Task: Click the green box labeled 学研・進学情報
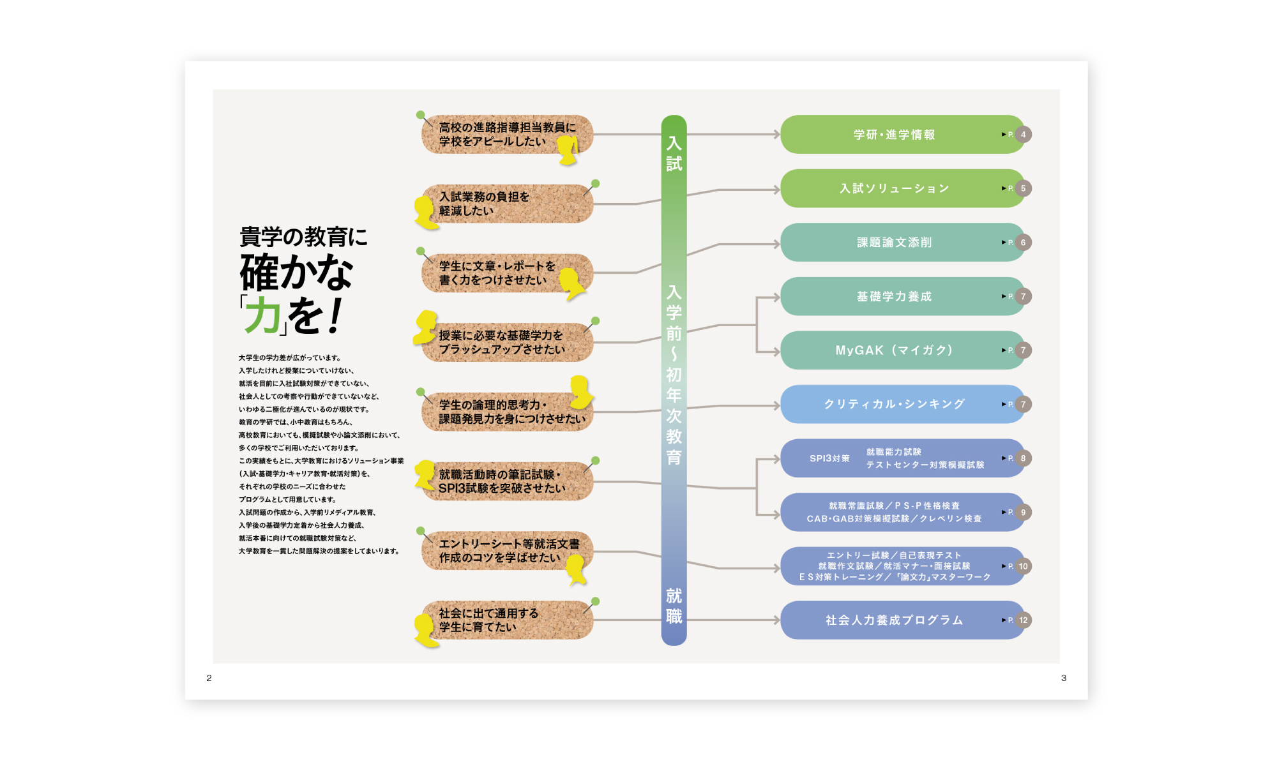pos(894,135)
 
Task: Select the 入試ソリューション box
pos(894,188)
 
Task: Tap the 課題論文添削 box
pos(894,243)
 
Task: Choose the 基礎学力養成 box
pos(894,296)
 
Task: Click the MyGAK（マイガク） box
pos(894,350)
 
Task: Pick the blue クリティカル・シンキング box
pos(894,404)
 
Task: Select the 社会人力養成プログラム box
pos(894,620)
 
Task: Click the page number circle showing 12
pos(1023,620)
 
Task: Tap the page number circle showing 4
pos(1023,135)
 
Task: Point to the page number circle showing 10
pos(1023,566)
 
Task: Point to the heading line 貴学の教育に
pos(303,237)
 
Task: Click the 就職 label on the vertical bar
pos(674,606)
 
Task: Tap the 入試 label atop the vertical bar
pos(674,153)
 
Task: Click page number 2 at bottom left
pos(209,678)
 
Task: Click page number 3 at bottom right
pos(1064,678)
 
